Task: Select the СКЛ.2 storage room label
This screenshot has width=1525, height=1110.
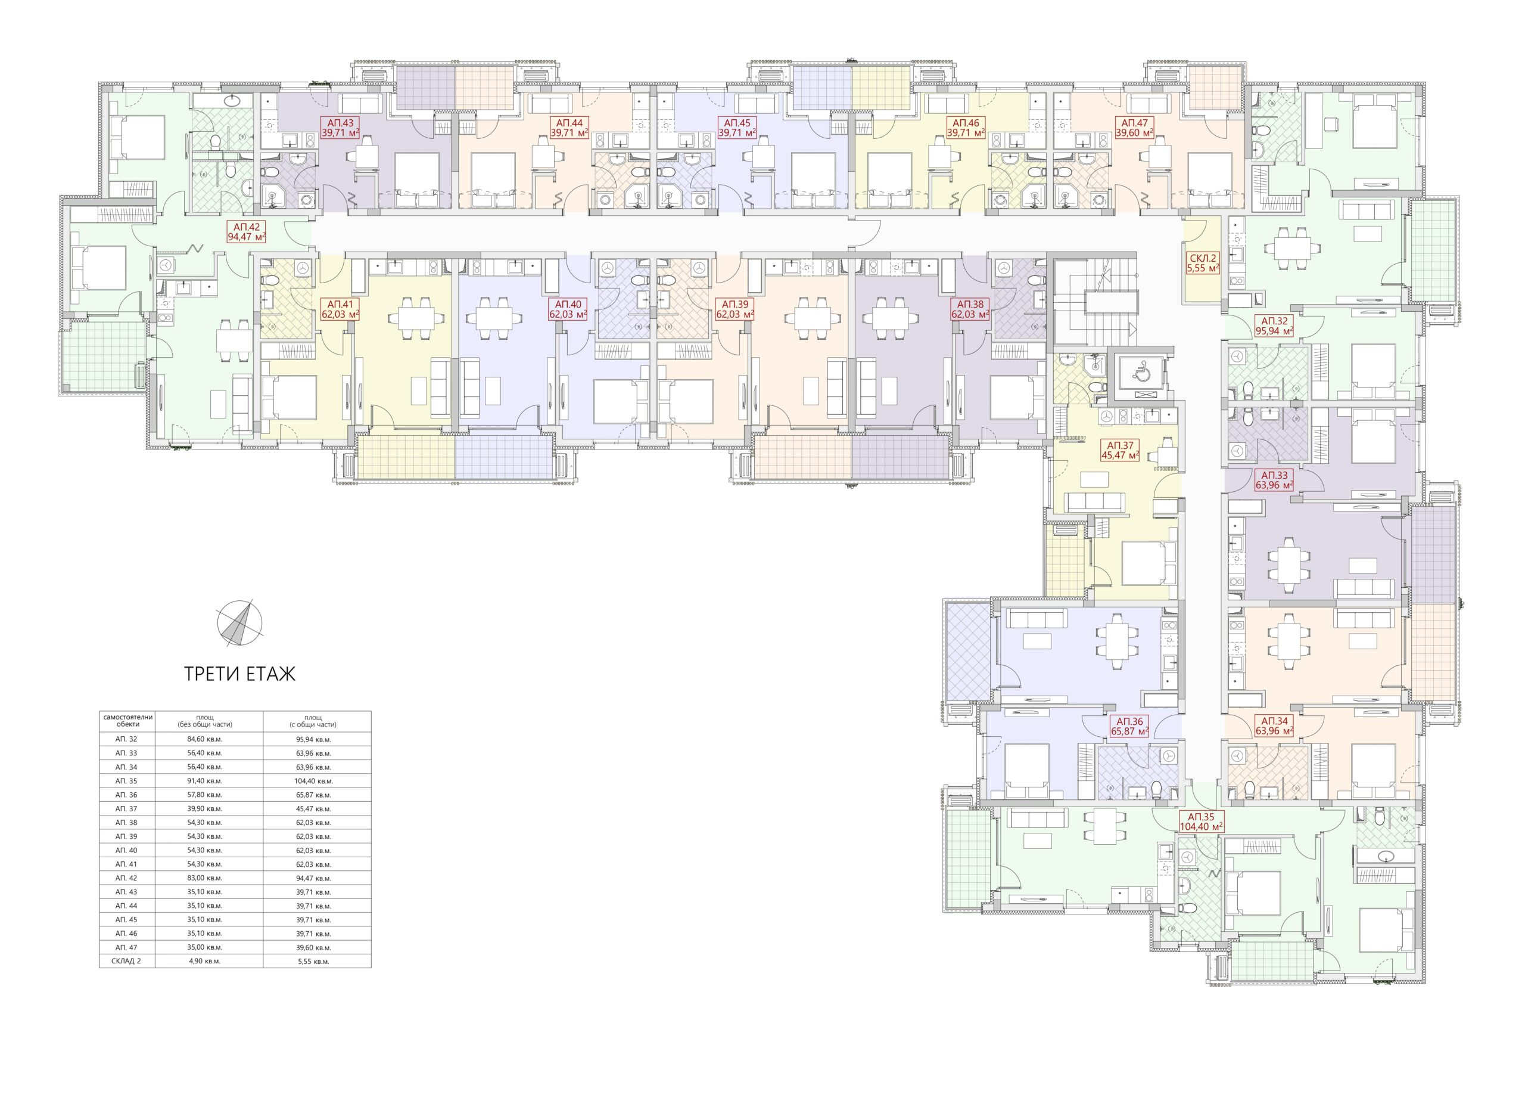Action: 1203,262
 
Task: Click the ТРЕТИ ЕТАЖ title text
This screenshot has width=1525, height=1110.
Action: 240,674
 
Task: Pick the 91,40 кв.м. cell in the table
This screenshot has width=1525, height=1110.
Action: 208,781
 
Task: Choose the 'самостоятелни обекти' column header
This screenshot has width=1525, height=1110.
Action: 127,721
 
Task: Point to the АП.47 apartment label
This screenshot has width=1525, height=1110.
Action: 1135,128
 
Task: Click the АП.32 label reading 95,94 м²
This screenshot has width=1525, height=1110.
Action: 1275,326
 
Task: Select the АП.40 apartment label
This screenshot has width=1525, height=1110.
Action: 568,309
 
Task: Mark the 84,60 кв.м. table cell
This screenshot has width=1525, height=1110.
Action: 208,739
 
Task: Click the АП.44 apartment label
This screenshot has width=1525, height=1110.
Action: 569,128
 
